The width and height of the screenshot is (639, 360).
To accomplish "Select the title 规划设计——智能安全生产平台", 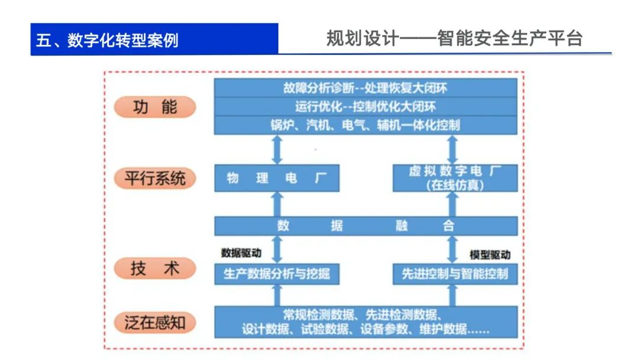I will click(x=454, y=38).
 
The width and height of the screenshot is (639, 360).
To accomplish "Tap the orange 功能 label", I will click(x=154, y=107).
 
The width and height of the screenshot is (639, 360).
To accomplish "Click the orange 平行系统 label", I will click(x=154, y=178).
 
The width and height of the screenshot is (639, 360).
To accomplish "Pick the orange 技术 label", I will click(x=154, y=269).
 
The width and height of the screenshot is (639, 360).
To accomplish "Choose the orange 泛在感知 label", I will click(x=154, y=323).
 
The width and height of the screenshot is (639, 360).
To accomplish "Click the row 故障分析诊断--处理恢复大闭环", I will click(x=365, y=88).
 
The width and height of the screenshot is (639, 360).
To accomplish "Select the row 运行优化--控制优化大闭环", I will click(x=365, y=107).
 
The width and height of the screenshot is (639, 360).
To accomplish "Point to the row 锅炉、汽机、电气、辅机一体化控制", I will click(x=365, y=125).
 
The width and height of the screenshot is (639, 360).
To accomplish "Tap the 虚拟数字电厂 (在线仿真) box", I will click(x=454, y=178).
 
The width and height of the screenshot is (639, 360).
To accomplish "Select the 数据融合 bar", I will click(x=365, y=226).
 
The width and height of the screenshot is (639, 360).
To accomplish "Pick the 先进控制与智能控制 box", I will click(x=454, y=275).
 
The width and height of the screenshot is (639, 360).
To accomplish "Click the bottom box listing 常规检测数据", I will click(x=365, y=322).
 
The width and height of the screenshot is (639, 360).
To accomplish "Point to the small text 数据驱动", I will click(x=241, y=253).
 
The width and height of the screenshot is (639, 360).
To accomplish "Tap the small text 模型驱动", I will click(x=490, y=255).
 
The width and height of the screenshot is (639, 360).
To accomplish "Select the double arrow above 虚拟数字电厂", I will click(x=453, y=150).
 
